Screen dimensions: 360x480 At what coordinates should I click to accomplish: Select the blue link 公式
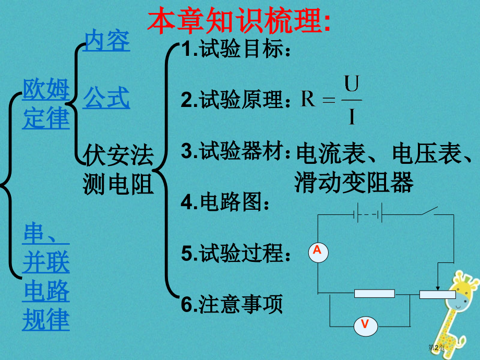point(106,98)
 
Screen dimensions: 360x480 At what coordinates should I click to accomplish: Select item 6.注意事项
point(232,304)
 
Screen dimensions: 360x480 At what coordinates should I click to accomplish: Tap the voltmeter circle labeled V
point(365,325)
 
